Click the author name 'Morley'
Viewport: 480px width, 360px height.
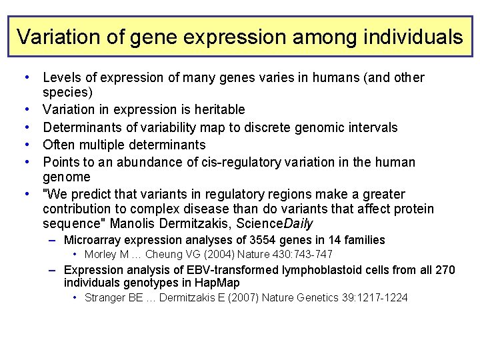tap(101, 254)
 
